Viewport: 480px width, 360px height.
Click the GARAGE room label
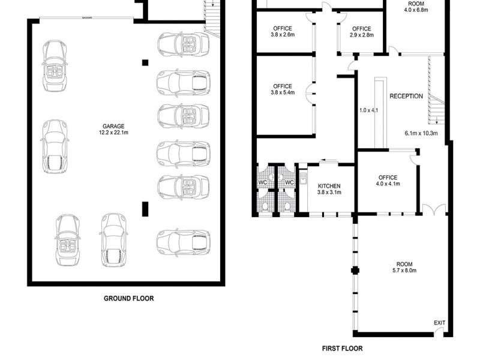tap(113, 126)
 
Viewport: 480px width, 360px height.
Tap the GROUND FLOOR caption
tap(129, 298)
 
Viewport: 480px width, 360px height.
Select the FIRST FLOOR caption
tap(342, 349)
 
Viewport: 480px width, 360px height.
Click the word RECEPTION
tap(406, 96)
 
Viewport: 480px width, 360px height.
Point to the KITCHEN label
tap(329, 186)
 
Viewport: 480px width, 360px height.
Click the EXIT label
tap(440, 323)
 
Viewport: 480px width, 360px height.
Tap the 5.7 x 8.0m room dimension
tap(404, 271)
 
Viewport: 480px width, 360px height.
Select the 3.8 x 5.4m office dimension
tap(283, 92)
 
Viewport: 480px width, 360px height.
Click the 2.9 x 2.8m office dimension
tap(362, 35)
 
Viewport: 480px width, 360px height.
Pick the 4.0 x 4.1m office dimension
tap(388, 184)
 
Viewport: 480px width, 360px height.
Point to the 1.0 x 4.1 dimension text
tap(368, 110)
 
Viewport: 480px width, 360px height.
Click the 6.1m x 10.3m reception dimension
tap(421, 133)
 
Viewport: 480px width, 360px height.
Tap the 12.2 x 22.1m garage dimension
tap(113, 133)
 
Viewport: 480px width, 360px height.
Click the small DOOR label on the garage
tap(87, 18)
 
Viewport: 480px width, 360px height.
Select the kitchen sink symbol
tap(303, 178)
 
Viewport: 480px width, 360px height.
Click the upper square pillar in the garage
tap(145, 63)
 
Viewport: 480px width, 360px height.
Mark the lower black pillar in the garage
tap(145, 209)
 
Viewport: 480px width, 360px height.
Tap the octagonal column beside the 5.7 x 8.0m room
tap(355, 271)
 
